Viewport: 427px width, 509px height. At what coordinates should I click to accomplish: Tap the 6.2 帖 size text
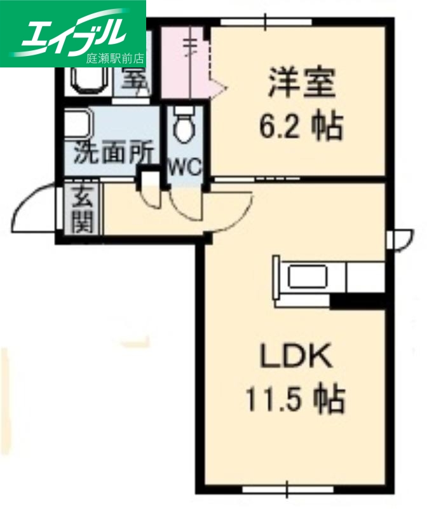[x=301, y=127]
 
